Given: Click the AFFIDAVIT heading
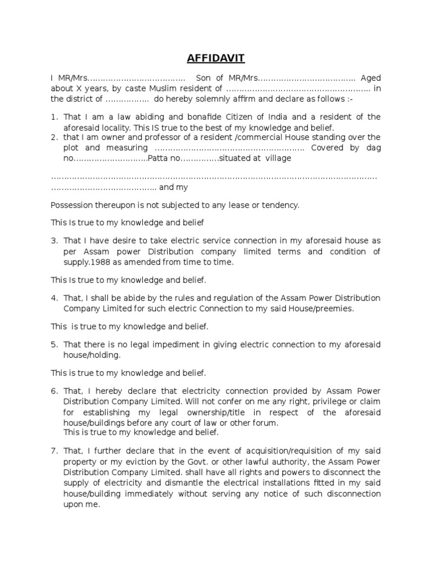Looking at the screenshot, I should [x=216, y=58].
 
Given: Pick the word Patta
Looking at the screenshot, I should [x=157, y=158].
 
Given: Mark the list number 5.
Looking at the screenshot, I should [x=55, y=344].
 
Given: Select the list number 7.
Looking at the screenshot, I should [x=55, y=451].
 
